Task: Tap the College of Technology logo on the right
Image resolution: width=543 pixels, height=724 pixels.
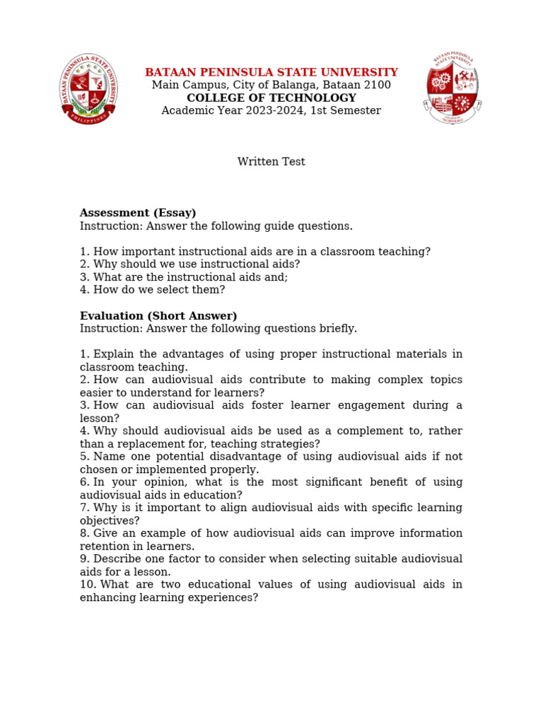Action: (x=453, y=88)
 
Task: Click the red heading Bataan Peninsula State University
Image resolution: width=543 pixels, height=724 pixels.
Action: (x=271, y=72)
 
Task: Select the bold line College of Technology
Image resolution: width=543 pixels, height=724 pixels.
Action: (x=271, y=98)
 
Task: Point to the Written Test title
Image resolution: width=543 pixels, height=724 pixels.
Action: (x=271, y=162)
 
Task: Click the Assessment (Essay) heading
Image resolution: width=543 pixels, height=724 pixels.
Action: (x=138, y=213)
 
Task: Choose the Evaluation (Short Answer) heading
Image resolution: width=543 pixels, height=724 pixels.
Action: (x=158, y=316)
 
